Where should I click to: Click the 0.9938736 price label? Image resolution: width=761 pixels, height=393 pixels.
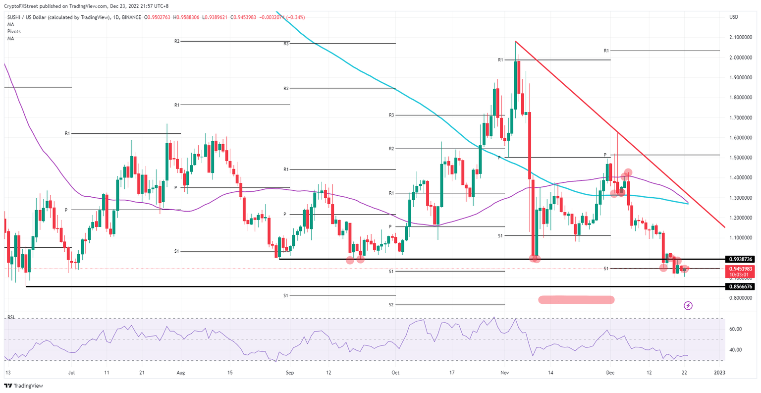[741, 259]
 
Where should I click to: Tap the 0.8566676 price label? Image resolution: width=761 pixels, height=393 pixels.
[741, 286]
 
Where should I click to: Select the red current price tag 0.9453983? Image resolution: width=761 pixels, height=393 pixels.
[741, 269]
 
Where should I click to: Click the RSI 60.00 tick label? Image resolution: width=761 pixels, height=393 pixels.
[735, 329]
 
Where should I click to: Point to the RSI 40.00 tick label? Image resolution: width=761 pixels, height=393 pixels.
[735, 350]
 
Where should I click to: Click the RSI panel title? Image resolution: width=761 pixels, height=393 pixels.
[11, 317]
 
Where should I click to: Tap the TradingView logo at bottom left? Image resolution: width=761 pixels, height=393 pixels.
[24, 386]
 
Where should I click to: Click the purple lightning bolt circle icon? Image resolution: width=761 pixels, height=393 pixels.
[688, 306]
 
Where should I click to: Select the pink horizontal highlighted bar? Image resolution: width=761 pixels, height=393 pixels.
[576, 299]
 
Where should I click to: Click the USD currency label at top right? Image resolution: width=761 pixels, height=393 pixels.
[734, 17]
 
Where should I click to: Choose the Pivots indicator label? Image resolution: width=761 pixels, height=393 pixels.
[14, 31]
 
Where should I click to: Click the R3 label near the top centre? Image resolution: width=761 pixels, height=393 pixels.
[286, 44]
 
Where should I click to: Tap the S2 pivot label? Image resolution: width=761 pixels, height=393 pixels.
[391, 305]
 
